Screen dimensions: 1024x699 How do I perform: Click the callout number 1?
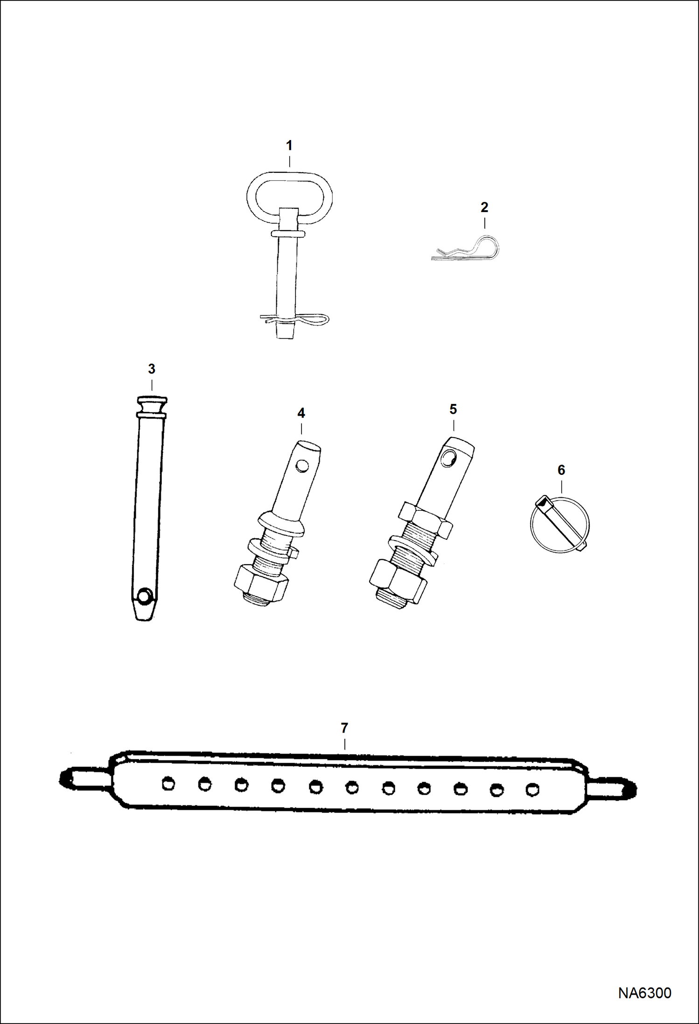point(289,146)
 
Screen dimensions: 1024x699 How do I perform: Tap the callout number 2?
point(484,207)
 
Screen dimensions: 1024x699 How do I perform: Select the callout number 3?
point(152,369)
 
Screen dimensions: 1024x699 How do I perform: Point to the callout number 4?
point(301,413)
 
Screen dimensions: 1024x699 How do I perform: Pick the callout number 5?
point(453,409)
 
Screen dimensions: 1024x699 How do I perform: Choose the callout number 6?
point(561,470)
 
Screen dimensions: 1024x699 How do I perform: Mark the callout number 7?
point(344,728)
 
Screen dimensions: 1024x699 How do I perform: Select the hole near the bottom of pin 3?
point(145,596)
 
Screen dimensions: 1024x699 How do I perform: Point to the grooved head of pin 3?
point(152,406)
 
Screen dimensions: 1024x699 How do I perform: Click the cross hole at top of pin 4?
point(302,466)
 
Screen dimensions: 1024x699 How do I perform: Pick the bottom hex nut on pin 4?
point(260,582)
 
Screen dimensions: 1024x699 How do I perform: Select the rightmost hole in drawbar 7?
point(531,790)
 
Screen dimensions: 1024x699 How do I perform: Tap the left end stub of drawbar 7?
point(85,778)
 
